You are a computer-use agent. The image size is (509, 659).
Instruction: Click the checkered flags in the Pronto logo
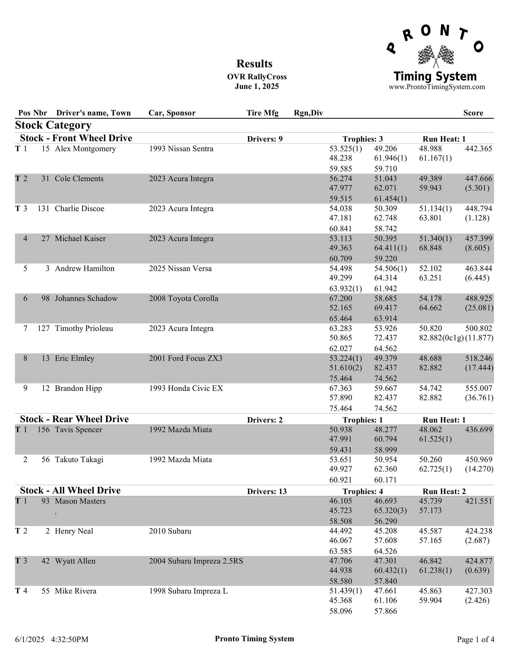pyautogui.click(x=436, y=56)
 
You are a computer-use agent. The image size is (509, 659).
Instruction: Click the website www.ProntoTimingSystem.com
pyautogui.click(x=437, y=87)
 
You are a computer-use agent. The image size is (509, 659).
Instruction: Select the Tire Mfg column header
pyautogui.click(x=262, y=113)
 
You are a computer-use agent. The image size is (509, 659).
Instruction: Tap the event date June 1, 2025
pyautogui.click(x=257, y=87)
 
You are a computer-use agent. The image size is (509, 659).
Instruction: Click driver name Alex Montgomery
pyautogui.click(x=85, y=149)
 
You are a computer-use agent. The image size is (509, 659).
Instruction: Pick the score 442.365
pyautogui.click(x=478, y=149)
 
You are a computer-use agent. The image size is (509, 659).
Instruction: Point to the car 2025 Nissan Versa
pyautogui.click(x=180, y=268)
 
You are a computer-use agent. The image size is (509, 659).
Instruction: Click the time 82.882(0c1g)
pyautogui.click(x=441, y=338)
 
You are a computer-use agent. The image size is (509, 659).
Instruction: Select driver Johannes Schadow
pyautogui.click(x=86, y=298)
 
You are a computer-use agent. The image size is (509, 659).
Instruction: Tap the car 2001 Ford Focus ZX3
pyautogui.click(x=186, y=358)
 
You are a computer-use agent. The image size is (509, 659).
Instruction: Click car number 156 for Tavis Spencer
pyautogui.click(x=43, y=430)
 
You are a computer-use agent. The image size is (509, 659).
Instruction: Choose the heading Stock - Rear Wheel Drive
pyautogui.click(x=74, y=419)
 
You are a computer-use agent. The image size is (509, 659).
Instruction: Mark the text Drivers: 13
pyautogui.click(x=267, y=491)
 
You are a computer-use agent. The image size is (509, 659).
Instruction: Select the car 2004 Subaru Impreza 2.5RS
pyautogui.click(x=196, y=561)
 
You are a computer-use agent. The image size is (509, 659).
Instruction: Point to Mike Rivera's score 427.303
pyautogui.click(x=478, y=591)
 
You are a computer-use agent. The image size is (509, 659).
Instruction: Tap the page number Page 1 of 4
pyautogui.click(x=475, y=639)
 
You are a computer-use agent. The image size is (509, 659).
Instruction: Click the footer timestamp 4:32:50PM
pyautogui.click(x=69, y=639)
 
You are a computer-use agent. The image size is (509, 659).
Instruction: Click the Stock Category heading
pyautogui.click(x=53, y=125)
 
